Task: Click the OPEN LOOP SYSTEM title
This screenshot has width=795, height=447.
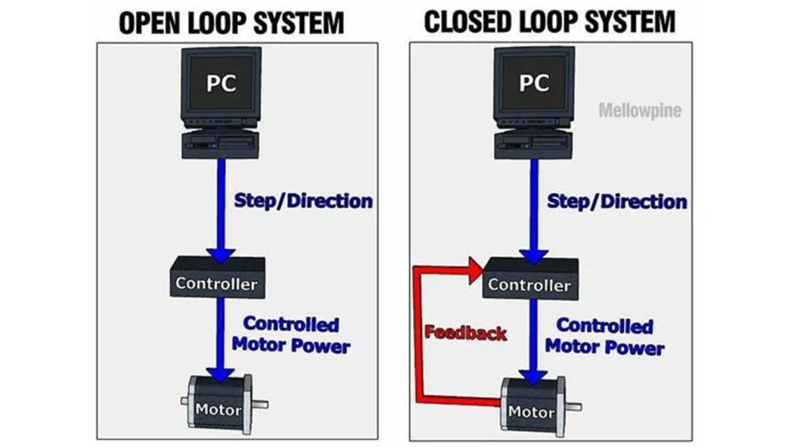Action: pos(231,23)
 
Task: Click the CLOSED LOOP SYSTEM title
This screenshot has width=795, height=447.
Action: pos(550,22)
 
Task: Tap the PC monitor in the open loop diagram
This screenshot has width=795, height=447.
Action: pos(221,86)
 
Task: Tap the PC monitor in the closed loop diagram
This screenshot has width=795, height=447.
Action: pos(534,86)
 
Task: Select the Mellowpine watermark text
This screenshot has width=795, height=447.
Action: pos(640,110)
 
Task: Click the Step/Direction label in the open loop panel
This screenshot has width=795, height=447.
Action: pos(304,201)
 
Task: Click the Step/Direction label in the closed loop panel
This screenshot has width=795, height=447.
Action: pos(617,202)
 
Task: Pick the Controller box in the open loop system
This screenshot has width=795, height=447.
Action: pos(217,277)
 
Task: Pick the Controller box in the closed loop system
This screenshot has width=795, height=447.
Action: pos(530,279)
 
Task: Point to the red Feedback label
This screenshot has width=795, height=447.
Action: pos(466,332)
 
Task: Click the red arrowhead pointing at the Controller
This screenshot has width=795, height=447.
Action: pos(477,271)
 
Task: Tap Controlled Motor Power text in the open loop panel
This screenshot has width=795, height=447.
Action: pos(291,334)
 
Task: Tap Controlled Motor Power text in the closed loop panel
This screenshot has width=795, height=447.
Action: pos(604,336)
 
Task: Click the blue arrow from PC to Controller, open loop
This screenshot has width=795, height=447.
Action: pos(221,211)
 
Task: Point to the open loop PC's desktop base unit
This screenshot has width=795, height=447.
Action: pos(220,144)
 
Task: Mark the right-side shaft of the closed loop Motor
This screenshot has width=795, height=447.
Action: pos(574,407)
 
